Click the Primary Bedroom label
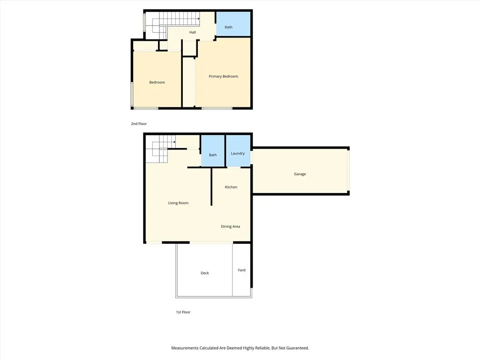tap(223, 76)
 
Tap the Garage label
tap(300, 174)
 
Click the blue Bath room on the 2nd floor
tap(233, 24)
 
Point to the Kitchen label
tap(231, 187)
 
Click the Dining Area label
tap(230, 226)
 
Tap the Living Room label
tap(178, 203)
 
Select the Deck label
tap(205, 273)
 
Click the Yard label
tap(241, 270)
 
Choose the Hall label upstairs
tap(193, 32)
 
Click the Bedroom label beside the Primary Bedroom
tap(157, 82)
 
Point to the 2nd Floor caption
tap(139, 124)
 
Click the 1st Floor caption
tap(183, 312)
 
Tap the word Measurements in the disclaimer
tap(185, 348)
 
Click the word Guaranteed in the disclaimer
tap(298, 348)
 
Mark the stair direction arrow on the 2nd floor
tap(198, 19)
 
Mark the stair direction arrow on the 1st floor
tap(174, 142)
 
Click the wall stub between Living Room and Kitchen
tap(211, 187)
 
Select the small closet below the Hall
tap(189, 48)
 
